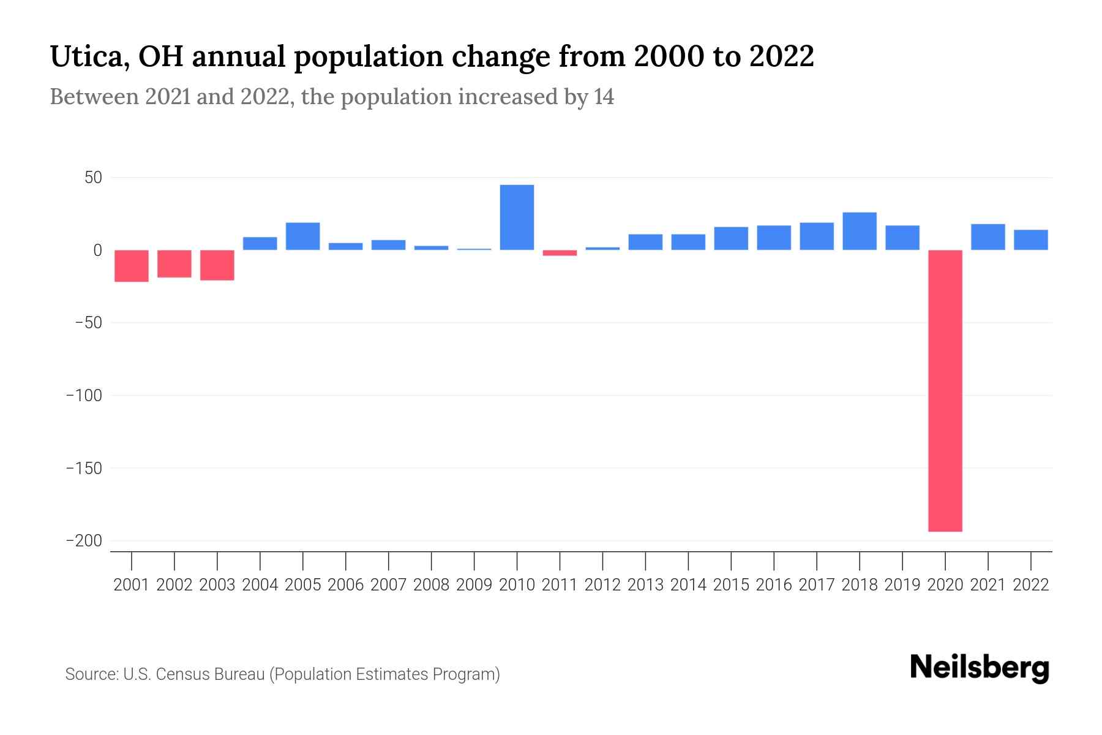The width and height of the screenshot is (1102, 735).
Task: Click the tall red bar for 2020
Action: pos(945,390)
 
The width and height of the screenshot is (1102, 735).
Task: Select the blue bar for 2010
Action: pos(517,217)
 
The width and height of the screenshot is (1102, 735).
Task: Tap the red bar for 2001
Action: pos(132,266)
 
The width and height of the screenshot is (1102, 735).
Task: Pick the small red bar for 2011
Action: pos(560,252)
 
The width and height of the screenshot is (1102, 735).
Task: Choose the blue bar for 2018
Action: pos(859,231)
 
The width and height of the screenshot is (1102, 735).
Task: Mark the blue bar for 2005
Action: pos(303,236)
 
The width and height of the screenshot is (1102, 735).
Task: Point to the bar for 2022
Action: pos(1030,239)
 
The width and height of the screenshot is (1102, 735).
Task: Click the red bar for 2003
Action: pos(217,265)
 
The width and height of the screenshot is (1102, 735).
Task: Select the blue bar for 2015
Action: pos(730,238)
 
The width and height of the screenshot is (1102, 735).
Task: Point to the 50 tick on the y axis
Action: pos(93,178)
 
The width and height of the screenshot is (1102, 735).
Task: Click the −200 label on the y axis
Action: pos(84,541)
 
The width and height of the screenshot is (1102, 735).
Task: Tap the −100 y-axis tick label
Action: pos(84,396)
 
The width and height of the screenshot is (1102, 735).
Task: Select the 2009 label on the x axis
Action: pos(474,585)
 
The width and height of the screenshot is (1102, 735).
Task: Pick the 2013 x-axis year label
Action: pos(645,585)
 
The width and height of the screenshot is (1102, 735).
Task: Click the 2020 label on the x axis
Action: pos(945,585)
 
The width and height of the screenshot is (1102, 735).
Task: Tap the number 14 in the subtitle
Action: pos(604,97)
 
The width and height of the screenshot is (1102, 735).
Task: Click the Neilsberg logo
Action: pos(980,668)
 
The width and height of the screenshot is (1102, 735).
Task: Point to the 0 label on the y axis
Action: pos(97,250)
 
